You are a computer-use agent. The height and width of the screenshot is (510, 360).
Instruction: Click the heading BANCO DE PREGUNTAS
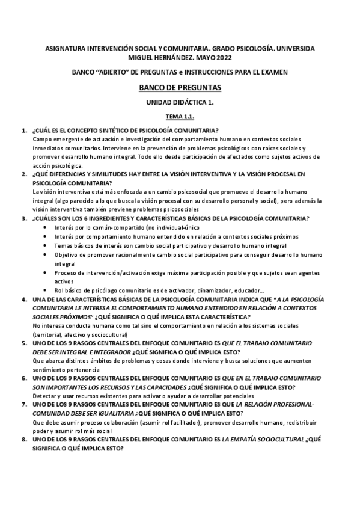coord(180,88)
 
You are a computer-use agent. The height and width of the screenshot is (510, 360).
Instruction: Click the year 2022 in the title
coord(220,58)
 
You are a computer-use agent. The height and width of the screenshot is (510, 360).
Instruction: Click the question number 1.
coord(24,131)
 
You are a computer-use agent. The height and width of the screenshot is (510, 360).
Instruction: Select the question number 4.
coord(24,300)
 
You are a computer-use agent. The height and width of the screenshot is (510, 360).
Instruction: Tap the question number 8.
coord(24,440)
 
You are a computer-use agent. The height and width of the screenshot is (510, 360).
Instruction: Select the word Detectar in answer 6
coord(46,396)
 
